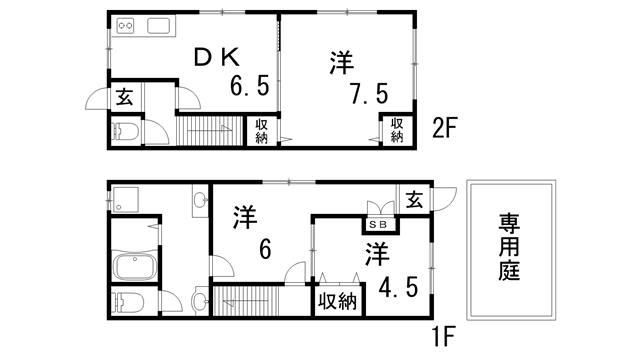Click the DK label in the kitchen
(x=217, y=58)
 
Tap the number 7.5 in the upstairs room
(x=369, y=93)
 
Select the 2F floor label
(x=445, y=128)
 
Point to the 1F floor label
(x=443, y=337)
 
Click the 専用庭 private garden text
(x=509, y=247)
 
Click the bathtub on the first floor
(x=134, y=266)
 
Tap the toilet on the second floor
(x=125, y=131)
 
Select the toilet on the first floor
(x=128, y=302)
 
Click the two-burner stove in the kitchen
(x=125, y=27)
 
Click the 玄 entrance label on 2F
(x=124, y=98)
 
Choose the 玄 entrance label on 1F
(x=414, y=200)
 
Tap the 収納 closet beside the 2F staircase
(x=262, y=131)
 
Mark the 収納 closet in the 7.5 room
(x=397, y=130)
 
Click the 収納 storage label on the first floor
(x=338, y=302)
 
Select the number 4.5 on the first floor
(x=398, y=288)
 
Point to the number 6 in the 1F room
(x=265, y=249)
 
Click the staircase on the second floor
(x=209, y=131)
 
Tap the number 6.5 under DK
(x=250, y=86)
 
